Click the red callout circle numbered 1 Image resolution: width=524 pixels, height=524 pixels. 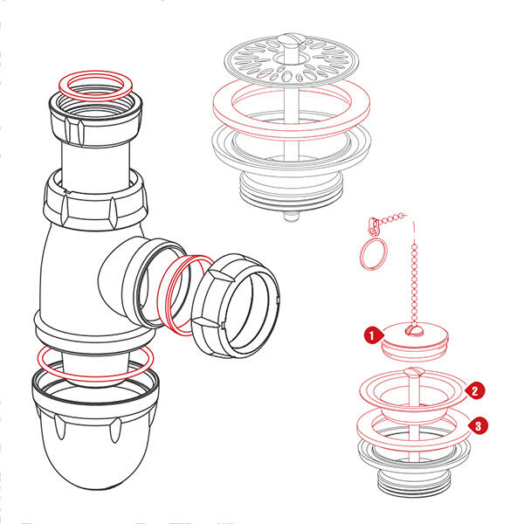coord(370,334)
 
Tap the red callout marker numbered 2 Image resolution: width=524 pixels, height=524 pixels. coord(477,390)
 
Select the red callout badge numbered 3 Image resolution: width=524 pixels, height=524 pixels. coord(478,424)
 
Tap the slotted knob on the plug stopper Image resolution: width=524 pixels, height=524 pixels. coord(416,327)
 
